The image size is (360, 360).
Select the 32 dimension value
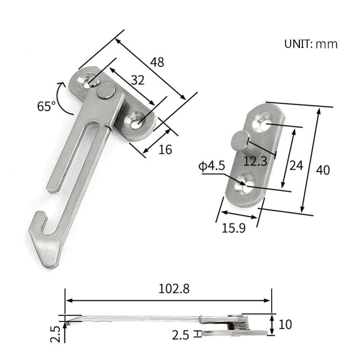(x=138, y=80)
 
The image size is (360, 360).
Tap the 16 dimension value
(x=165, y=149)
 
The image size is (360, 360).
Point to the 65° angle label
(x=46, y=106)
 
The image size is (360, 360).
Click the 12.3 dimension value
(x=255, y=161)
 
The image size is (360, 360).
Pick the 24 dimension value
(x=296, y=165)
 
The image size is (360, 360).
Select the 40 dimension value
(x=323, y=170)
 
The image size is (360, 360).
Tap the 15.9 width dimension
(x=234, y=228)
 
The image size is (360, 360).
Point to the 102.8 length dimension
(x=174, y=289)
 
